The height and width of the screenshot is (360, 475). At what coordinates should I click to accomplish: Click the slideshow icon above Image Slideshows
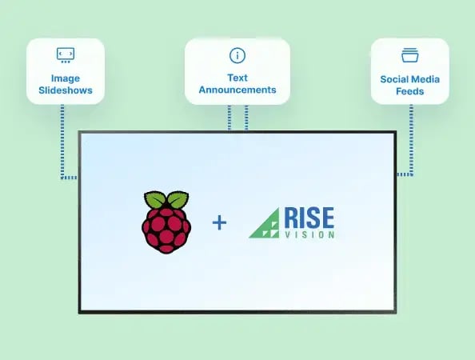[66, 54]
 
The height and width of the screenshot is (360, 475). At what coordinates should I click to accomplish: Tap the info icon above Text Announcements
[237, 55]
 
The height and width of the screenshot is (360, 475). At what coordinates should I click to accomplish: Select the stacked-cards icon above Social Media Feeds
[409, 56]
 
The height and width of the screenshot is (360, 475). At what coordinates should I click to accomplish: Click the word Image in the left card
[66, 78]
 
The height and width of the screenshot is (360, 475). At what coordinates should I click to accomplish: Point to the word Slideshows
[66, 90]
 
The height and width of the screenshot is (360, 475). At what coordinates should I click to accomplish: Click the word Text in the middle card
[237, 78]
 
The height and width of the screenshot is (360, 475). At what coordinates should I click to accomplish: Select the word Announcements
[237, 90]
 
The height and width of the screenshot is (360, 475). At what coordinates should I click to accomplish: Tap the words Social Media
[409, 80]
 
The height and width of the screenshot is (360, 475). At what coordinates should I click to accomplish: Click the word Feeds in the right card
[409, 92]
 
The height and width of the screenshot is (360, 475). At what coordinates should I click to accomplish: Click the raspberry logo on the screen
[166, 222]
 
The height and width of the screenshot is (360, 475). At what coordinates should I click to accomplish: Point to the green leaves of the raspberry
[166, 201]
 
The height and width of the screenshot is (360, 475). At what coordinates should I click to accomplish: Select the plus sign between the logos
[219, 222]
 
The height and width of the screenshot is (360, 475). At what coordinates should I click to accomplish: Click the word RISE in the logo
[307, 218]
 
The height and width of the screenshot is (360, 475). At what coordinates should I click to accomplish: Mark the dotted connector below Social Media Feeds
[412, 144]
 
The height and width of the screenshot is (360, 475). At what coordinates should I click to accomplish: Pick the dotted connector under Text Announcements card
[237, 118]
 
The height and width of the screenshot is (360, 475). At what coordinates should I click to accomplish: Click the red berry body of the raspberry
[166, 230]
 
